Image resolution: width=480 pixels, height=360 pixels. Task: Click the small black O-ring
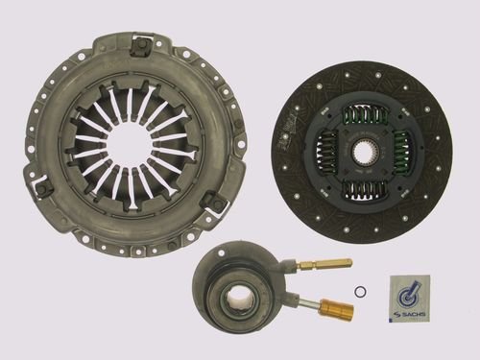point(360,292)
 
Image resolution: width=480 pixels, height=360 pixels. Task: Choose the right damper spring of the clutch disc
point(400,152)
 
